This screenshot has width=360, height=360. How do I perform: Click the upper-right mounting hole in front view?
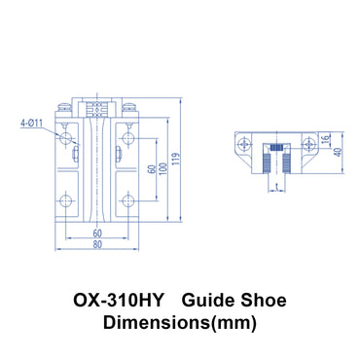pos(127,141)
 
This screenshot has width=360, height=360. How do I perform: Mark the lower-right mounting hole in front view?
pos(127,202)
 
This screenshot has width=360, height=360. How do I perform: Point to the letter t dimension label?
pos(279,183)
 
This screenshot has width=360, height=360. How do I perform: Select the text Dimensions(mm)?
pos(180,322)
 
